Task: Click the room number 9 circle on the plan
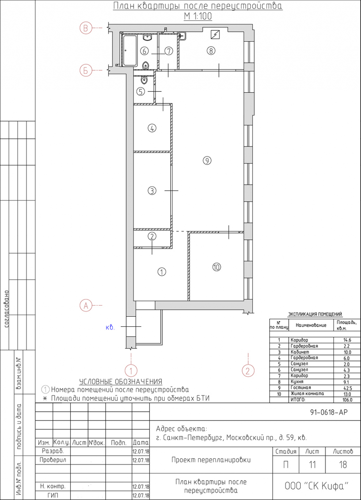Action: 207,161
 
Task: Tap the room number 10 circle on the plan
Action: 217,267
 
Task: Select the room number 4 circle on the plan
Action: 152,128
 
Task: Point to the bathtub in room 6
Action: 130,50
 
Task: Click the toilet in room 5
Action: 144,79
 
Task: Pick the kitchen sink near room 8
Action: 182,36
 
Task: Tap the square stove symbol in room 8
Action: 215,35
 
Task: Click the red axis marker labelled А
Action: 86,305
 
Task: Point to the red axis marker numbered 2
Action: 248,371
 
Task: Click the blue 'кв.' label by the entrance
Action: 110,327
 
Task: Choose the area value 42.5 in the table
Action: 347,388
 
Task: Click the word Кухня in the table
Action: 297,382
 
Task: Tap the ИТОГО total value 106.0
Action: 347,400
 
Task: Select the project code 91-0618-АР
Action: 329,412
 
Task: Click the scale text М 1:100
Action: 198,16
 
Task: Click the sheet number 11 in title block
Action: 312,465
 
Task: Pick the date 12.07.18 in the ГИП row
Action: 141,496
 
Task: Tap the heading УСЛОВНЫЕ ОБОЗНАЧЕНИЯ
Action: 121,382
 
